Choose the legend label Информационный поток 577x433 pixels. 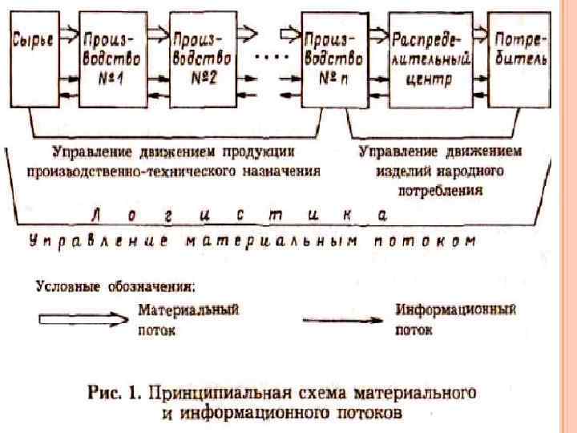[x=456, y=318]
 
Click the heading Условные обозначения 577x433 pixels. [x=115, y=285]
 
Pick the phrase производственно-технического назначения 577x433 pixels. [x=172, y=171]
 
